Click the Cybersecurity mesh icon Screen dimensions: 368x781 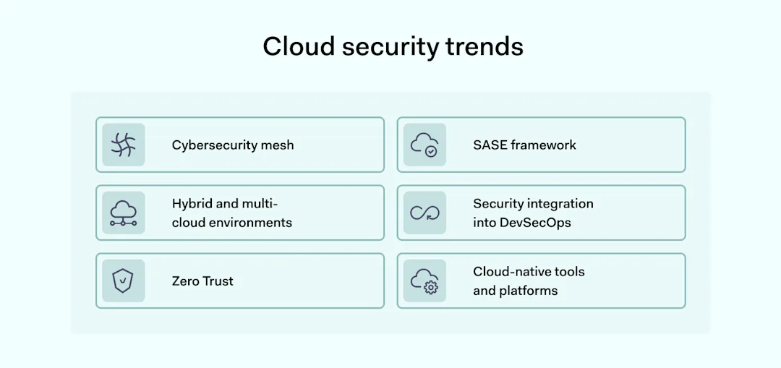pyautogui.click(x=124, y=145)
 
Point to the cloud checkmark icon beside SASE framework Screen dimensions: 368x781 pyautogui.click(x=424, y=145)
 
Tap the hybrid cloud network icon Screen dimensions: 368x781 pyautogui.click(x=124, y=213)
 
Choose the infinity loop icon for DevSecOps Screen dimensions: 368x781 pyautogui.click(x=424, y=213)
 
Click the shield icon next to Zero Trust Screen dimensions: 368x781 pyautogui.click(x=124, y=281)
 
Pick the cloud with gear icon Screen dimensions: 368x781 pyautogui.click(x=424, y=281)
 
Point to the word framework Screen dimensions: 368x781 pyautogui.click(x=544, y=145)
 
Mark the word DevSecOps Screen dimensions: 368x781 pyautogui.click(x=535, y=222)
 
